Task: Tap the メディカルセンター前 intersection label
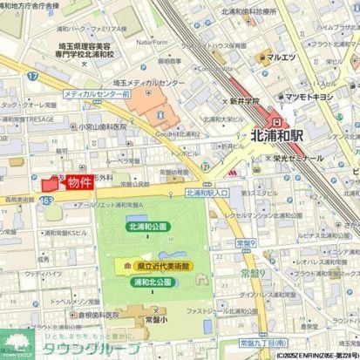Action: (97, 92)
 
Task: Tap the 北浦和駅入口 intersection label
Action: (207, 193)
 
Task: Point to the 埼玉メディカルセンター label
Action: (150, 83)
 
